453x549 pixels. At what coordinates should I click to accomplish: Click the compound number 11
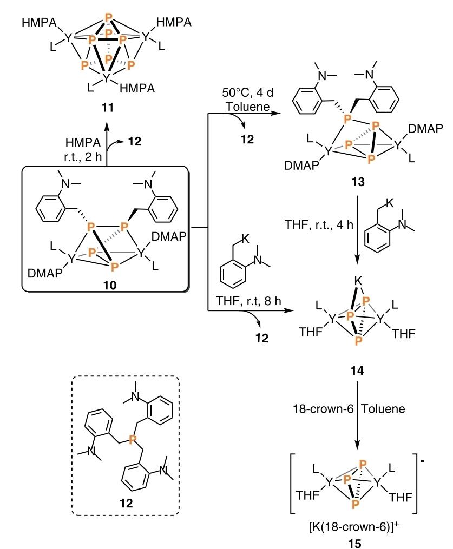(108, 108)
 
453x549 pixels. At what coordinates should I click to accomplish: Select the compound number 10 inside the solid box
(110, 286)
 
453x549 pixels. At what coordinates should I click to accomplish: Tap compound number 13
(358, 182)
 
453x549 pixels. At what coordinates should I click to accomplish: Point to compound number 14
(357, 371)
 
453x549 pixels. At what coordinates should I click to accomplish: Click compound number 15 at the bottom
(355, 544)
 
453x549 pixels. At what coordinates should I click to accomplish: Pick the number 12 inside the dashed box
(126, 503)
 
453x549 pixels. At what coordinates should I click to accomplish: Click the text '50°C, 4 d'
(248, 93)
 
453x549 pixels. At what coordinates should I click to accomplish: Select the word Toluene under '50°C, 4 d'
(248, 107)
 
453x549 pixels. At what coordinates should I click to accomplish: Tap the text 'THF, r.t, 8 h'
(248, 301)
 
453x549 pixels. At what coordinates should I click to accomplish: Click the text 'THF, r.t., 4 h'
(319, 224)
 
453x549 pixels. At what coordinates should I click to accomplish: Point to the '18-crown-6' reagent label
(323, 409)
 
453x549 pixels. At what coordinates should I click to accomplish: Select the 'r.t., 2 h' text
(83, 156)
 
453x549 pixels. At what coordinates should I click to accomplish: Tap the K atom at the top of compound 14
(358, 281)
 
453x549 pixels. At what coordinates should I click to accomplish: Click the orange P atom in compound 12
(132, 439)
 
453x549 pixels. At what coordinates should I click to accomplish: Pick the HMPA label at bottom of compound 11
(137, 88)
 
